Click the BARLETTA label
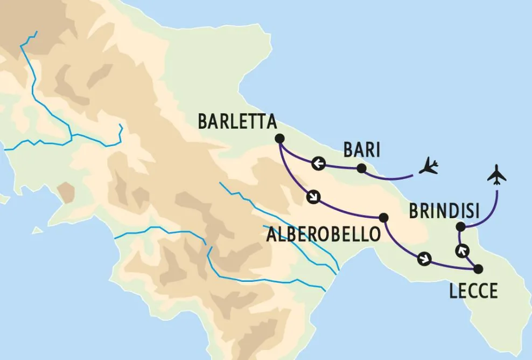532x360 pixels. coord(237,121)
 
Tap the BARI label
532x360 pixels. coord(362,150)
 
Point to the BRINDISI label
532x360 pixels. coord(444,211)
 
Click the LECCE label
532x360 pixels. coord(473,292)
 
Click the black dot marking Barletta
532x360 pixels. coord(279,139)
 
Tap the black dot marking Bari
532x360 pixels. coord(362,169)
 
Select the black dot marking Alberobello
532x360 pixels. coord(383,218)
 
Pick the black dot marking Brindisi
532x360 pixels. coord(460,227)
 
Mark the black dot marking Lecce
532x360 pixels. coord(478,269)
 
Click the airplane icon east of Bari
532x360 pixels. coord(429,166)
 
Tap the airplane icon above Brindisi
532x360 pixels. coord(497,176)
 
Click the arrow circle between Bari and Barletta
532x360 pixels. coord(318,163)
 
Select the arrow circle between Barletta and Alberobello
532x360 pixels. coord(312,197)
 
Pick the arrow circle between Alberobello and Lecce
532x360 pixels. coord(425,259)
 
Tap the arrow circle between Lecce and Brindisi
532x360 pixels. coord(461,250)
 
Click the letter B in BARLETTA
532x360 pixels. coord(203,121)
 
